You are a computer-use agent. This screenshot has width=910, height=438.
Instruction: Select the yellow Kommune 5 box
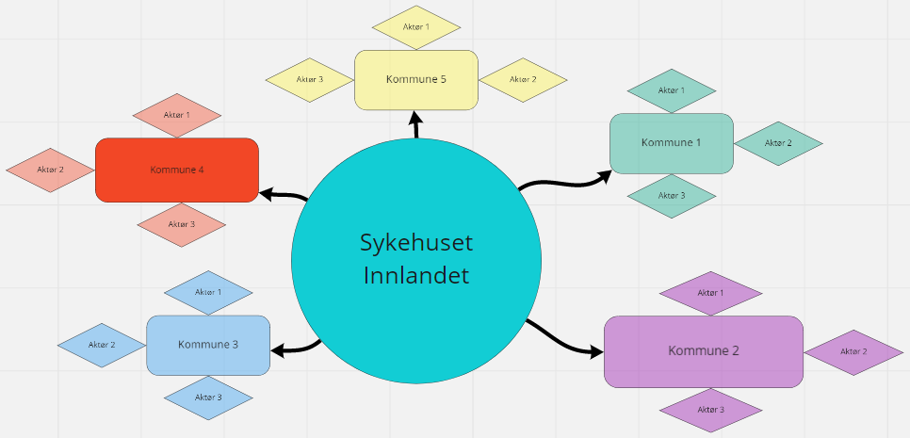(x=415, y=79)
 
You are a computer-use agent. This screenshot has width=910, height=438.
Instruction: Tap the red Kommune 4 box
(x=177, y=170)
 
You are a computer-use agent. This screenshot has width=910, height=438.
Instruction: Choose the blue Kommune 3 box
(x=208, y=345)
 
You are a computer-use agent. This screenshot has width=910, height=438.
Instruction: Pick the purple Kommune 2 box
(x=703, y=350)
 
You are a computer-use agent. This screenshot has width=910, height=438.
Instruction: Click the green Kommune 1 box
(x=671, y=143)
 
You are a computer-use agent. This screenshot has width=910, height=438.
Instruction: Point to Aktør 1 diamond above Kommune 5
(x=415, y=27)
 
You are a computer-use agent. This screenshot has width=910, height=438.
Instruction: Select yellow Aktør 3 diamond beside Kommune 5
(x=310, y=79)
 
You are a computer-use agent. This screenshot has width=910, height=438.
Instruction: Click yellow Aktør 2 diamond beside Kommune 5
(x=523, y=79)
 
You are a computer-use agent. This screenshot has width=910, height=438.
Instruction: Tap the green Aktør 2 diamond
(x=778, y=143)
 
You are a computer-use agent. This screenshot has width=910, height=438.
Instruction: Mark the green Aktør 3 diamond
(x=671, y=196)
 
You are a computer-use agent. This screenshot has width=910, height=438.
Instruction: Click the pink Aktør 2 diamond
(x=50, y=170)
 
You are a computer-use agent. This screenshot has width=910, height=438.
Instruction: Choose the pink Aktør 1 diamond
(x=177, y=115)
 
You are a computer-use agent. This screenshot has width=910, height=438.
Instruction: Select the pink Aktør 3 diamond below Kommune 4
(x=181, y=224)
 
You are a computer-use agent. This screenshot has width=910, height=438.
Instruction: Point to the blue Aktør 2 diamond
(x=102, y=345)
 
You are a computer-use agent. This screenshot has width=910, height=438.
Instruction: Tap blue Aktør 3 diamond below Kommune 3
(x=208, y=397)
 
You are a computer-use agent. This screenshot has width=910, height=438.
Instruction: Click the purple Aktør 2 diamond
(x=852, y=351)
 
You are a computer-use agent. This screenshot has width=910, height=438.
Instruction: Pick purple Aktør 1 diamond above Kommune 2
(x=710, y=293)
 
